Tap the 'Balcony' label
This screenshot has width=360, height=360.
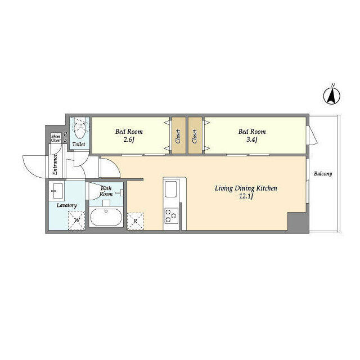[x=323, y=174]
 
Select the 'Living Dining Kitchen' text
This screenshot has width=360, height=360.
[x=246, y=188]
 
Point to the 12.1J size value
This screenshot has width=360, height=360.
[x=246, y=196]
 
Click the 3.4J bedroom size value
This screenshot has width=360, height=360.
[x=251, y=139]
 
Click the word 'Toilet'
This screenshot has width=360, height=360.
[x=79, y=145]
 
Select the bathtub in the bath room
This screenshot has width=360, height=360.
[x=106, y=217]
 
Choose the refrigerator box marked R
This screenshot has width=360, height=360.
[x=136, y=220]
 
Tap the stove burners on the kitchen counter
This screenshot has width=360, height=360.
[x=170, y=214]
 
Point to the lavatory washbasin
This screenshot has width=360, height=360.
[x=57, y=192]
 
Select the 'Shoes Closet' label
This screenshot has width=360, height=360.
[x=56, y=138]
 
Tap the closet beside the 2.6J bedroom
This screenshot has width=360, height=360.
[x=178, y=135]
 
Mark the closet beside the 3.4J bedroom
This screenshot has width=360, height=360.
[x=195, y=135]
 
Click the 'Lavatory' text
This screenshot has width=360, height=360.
[x=66, y=205]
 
